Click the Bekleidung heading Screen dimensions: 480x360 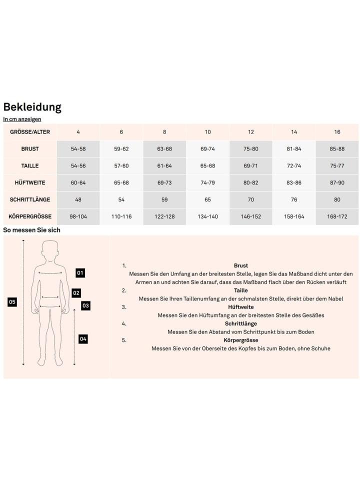tap(32, 107)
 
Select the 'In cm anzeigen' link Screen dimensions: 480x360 tap(22, 119)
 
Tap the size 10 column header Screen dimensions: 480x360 tap(207, 132)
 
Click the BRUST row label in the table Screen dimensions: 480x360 tap(30, 149)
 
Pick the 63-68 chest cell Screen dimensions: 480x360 tap(164, 149)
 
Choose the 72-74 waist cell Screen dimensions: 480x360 tap(294, 165)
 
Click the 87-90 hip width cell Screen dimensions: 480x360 tap(337, 182)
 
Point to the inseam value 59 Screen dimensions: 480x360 tap(164, 199)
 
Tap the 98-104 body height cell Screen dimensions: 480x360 tap(78, 216)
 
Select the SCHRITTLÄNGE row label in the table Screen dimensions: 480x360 tap(30, 199)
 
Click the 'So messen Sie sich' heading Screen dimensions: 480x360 tap(32, 230)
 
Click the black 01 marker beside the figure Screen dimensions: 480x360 tap(80, 273)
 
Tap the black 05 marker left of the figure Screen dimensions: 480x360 tap(12, 302)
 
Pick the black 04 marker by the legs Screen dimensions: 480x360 tap(83, 339)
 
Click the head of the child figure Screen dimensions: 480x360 tap(49, 248)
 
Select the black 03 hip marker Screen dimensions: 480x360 tap(85, 305)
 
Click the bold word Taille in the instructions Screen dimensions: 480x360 tap(240, 290)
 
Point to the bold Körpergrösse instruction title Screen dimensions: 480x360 tap(240, 340)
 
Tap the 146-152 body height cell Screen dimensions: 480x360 tap(251, 216)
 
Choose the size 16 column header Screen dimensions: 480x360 tap(337, 132)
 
